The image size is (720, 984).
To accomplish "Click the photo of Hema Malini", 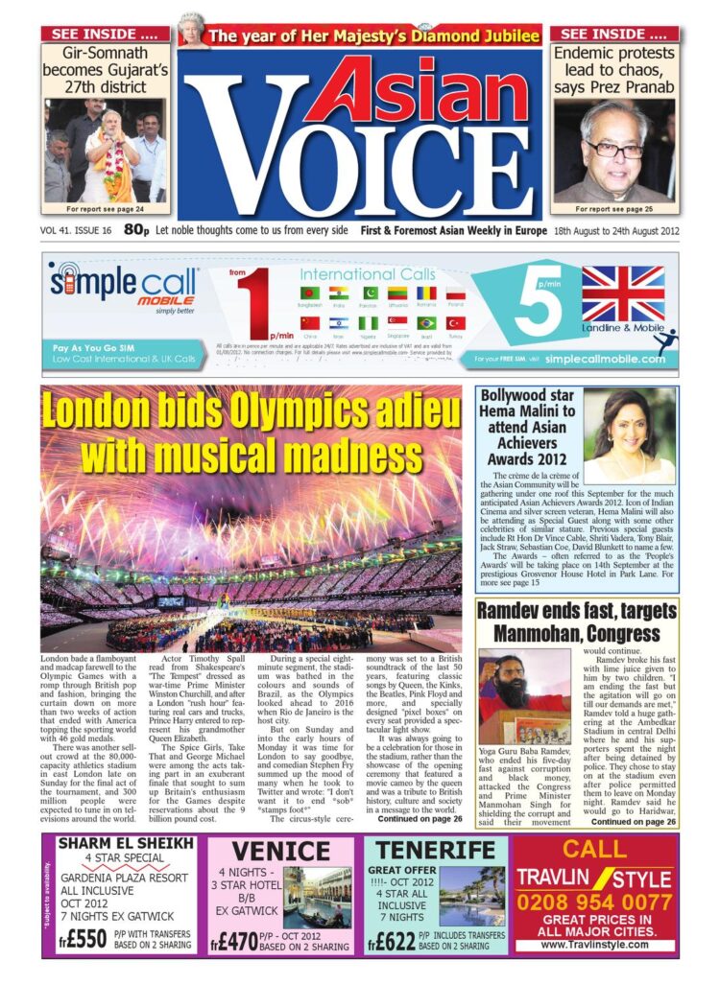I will [629, 434].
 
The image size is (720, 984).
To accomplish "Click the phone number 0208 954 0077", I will [594, 902].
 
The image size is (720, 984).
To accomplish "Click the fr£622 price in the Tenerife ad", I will [392, 940].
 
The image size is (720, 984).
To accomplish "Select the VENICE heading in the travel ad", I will [281, 851].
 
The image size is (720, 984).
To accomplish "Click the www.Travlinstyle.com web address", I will [594, 945].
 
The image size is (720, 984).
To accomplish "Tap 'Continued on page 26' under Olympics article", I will [420, 819].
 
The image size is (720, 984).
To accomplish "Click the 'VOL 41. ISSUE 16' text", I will [77, 231].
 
